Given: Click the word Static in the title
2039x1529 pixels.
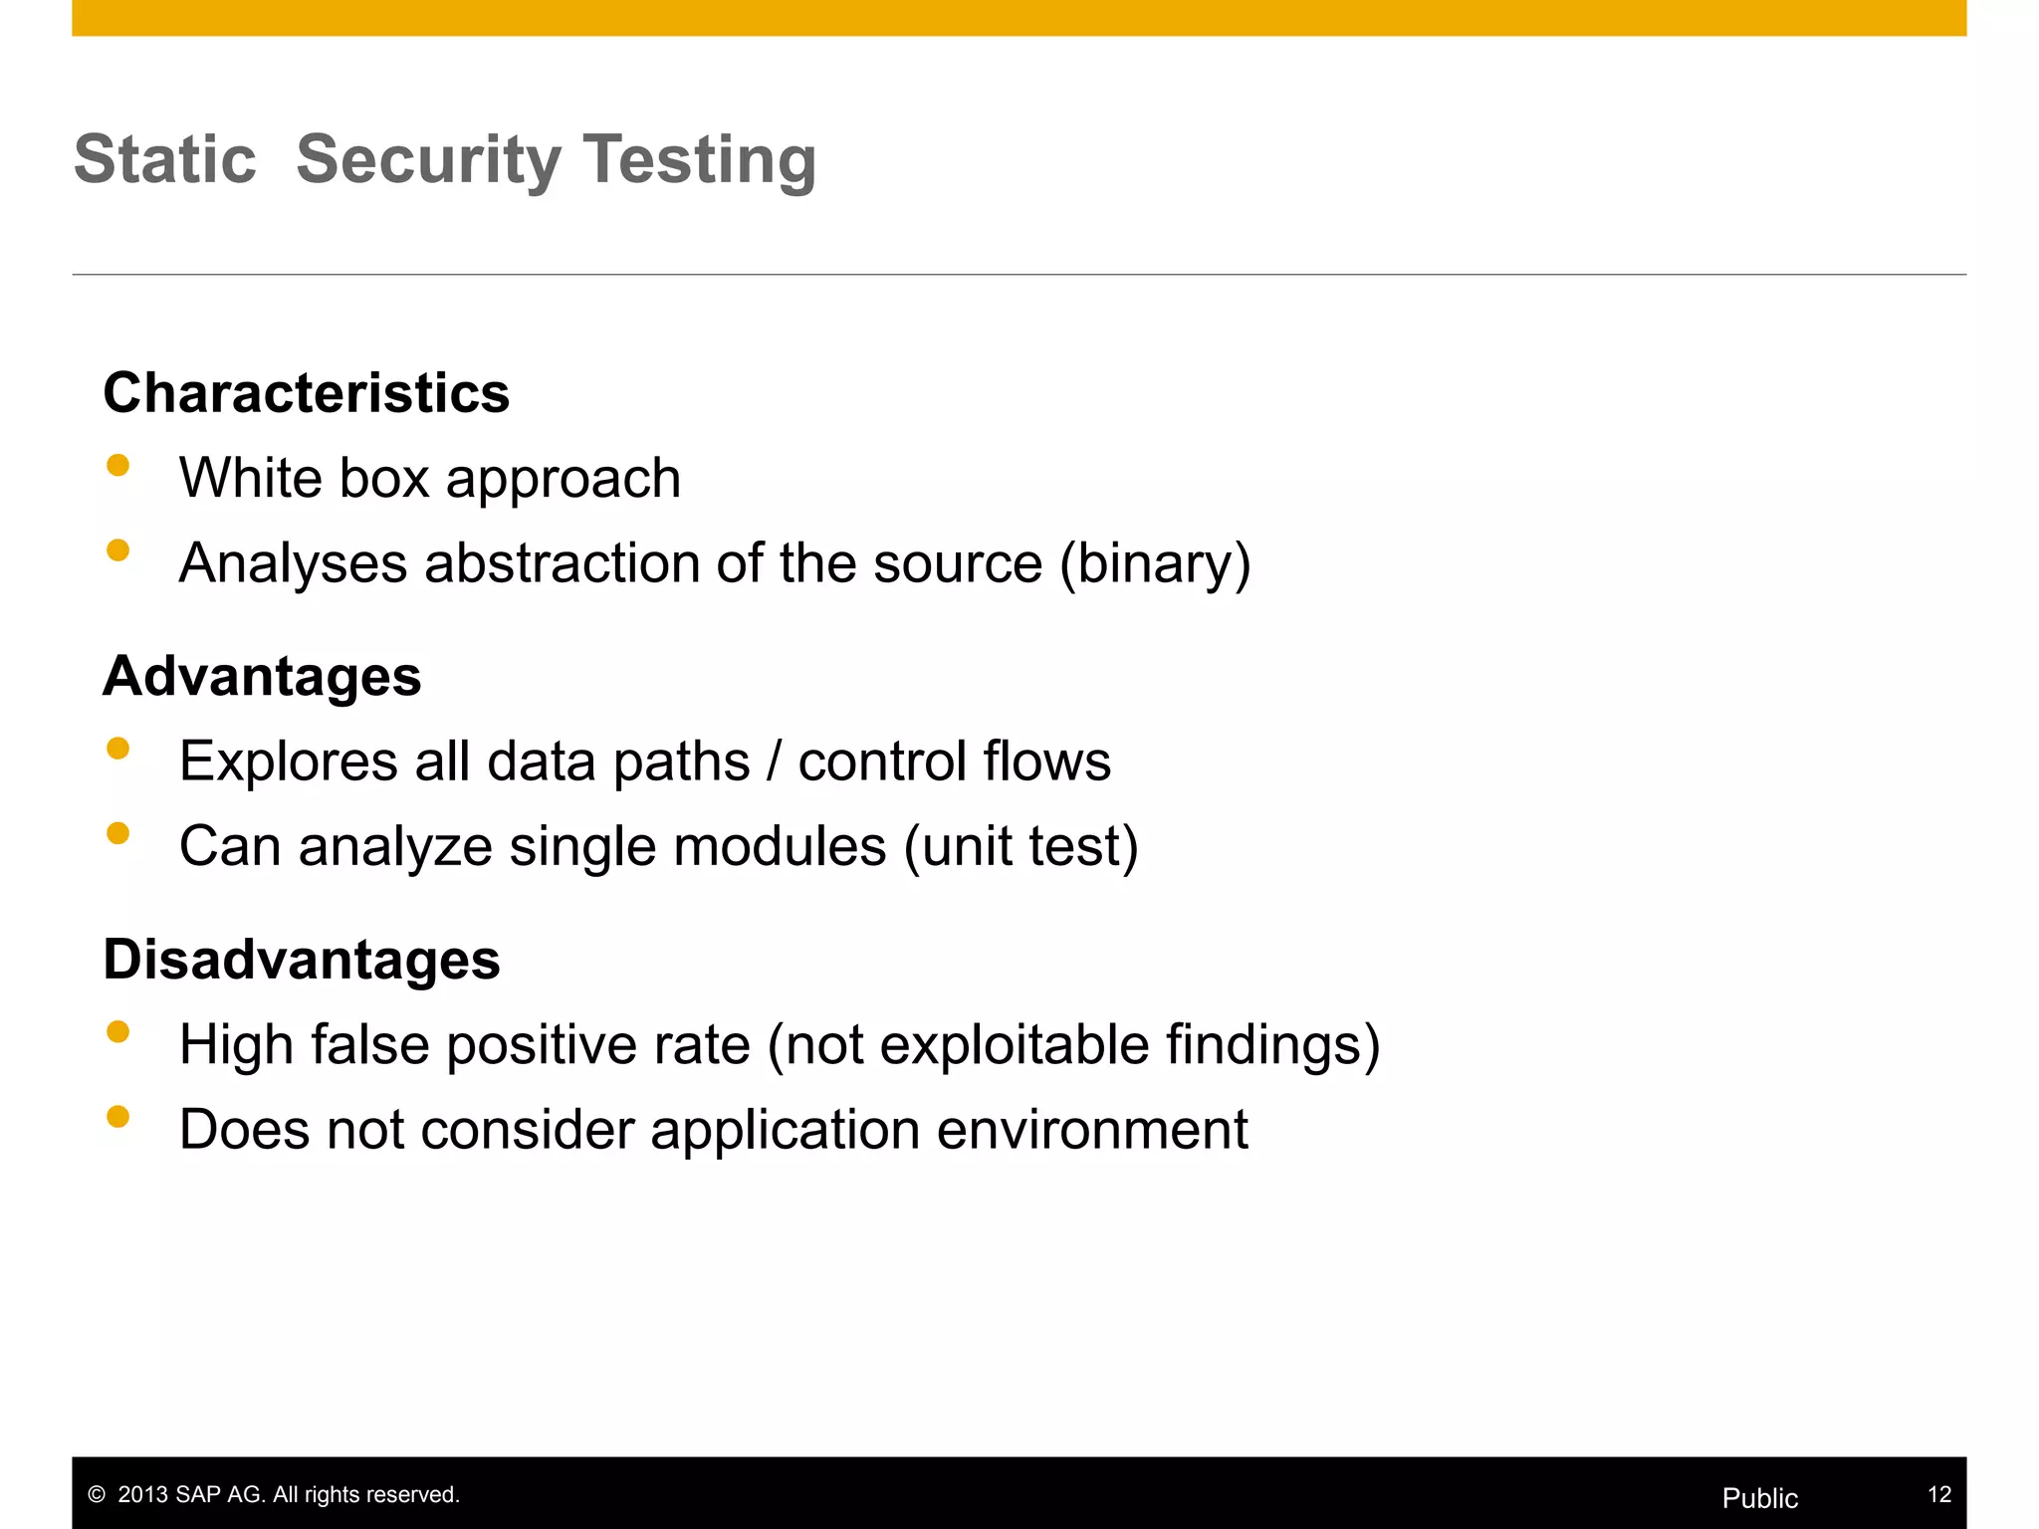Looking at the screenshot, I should [165, 159].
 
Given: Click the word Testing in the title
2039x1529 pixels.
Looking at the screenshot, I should [699, 159].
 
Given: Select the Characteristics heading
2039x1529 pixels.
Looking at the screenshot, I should [306, 392].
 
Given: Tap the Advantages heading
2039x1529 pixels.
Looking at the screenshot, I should [262, 676].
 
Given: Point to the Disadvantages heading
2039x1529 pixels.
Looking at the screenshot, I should [302, 960].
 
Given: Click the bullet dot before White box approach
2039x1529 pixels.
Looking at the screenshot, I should [118, 466].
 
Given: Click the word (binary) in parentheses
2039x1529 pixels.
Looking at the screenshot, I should [1155, 563].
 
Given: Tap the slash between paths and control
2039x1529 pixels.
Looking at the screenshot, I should [774, 762].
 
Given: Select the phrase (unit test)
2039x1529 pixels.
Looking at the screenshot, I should [1020, 847].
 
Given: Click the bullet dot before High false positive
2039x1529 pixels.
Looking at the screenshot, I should [118, 1032].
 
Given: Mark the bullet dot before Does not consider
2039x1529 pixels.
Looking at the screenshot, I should [118, 1117].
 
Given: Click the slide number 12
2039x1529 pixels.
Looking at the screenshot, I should [1938, 1494].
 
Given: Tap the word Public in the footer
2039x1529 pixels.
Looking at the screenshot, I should [1759, 1498].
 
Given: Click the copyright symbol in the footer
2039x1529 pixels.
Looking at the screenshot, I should [97, 1495].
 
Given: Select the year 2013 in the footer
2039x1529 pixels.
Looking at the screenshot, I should [143, 1495].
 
